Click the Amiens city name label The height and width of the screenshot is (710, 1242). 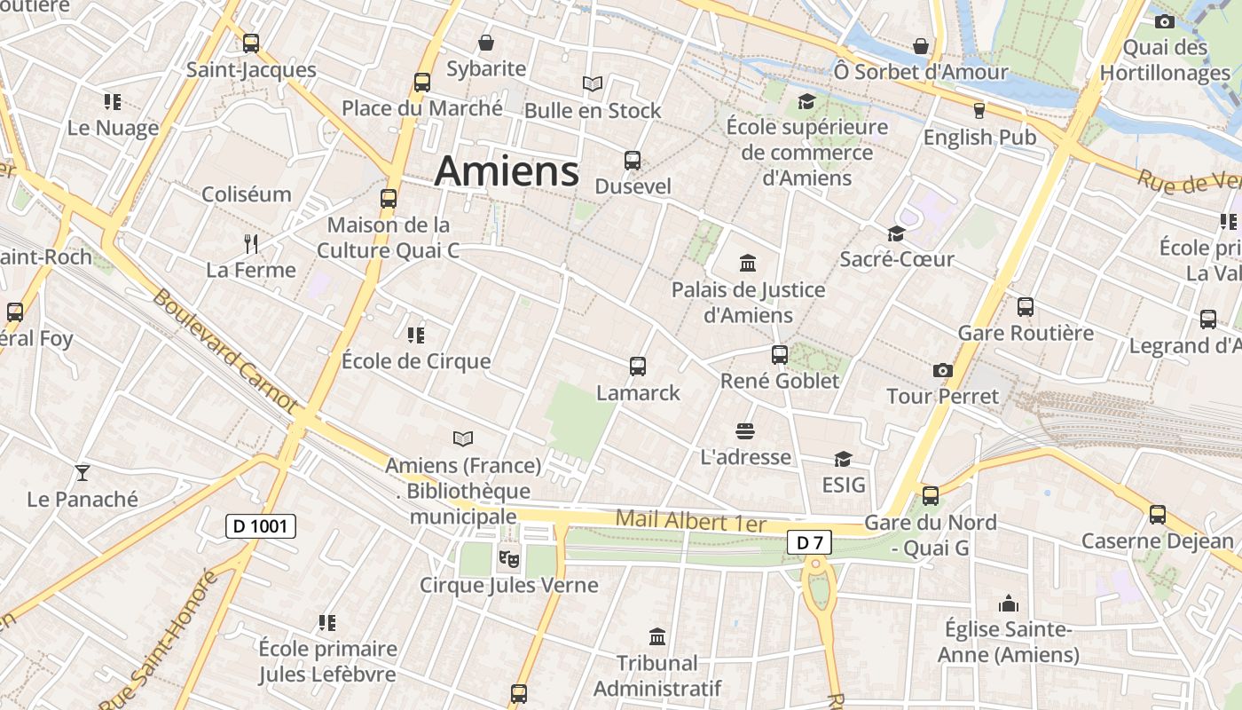pos(507,170)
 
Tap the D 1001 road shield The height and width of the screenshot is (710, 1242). pos(260,526)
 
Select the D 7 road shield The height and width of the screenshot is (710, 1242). pos(809,542)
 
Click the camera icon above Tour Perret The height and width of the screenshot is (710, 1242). pos(942,370)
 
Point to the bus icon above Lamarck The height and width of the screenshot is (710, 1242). pos(637,366)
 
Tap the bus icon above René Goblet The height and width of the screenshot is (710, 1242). pos(780,354)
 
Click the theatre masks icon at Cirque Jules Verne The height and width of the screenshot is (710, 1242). pos(508,558)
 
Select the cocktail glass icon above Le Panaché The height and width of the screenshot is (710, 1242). pos(83,472)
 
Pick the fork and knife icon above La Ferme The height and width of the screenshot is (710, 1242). pos(251,243)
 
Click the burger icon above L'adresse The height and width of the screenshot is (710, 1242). pos(745,431)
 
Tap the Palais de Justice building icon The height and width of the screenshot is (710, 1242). pos(748,264)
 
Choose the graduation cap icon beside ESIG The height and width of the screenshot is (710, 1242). pos(843,459)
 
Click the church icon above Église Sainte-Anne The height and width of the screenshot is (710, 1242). pos(1008,604)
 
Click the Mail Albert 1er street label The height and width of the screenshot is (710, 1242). pos(690,521)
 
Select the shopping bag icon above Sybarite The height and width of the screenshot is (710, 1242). pos(486,43)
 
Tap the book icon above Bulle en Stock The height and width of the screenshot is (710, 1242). pos(593,84)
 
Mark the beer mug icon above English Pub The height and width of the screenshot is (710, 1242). pos(979,111)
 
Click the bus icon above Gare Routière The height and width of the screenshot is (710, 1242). pos(1026,307)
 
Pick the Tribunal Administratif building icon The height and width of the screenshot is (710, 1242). pos(657,636)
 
